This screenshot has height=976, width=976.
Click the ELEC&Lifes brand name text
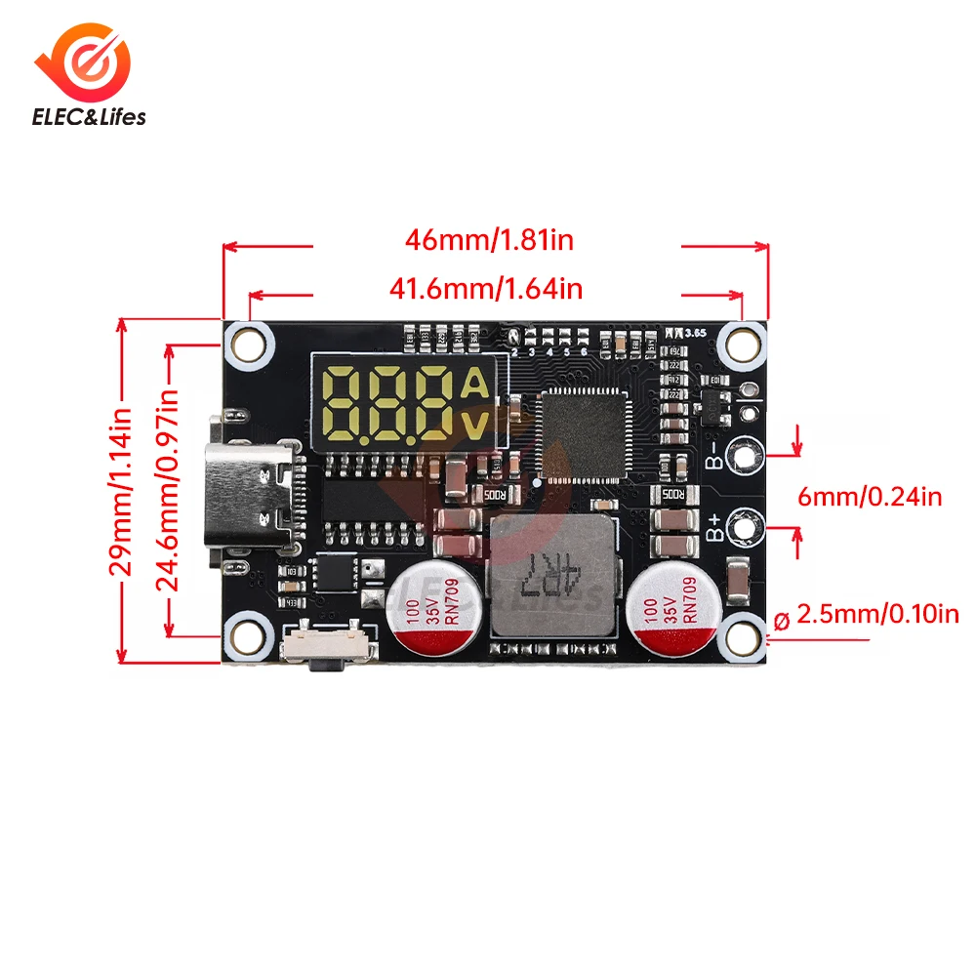click(x=90, y=116)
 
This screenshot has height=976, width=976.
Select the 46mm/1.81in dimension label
click(x=490, y=239)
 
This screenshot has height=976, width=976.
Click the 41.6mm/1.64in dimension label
click(x=486, y=288)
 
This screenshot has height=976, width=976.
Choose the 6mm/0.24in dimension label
click(x=870, y=497)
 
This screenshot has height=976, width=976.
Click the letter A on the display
click(x=473, y=384)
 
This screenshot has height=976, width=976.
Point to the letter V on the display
click(x=473, y=425)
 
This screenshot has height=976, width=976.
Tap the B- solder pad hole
click(x=746, y=453)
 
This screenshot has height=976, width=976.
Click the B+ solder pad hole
click(x=746, y=528)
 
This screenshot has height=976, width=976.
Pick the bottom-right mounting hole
click(x=743, y=639)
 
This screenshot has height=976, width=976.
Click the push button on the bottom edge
click(x=326, y=652)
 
